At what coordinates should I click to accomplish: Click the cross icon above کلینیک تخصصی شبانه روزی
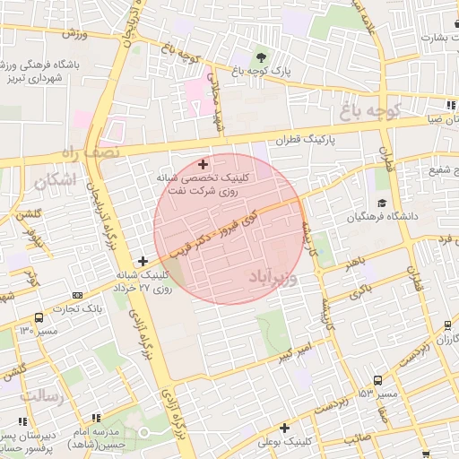coord(203,163)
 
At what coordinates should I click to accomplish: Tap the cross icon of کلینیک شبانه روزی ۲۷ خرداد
coord(143,261)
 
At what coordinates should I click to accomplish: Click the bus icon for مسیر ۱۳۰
coord(38,317)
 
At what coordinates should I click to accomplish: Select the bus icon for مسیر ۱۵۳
coord(377,380)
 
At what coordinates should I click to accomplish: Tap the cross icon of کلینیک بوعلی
coord(284,428)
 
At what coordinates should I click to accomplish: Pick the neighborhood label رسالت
coord(39,394)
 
